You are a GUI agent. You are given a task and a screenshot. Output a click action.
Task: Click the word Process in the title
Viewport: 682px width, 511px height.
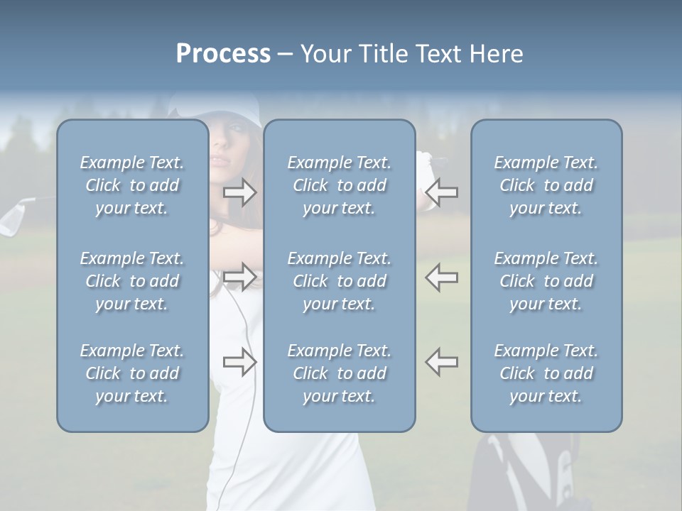tap(223, 54)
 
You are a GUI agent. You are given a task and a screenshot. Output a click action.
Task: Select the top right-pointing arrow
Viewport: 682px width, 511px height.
tap(240, 192)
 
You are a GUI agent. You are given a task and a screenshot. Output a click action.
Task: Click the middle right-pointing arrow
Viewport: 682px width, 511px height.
tap(240, 276)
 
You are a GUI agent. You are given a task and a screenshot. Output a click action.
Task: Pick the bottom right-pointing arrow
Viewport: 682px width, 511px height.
tap(240, 362)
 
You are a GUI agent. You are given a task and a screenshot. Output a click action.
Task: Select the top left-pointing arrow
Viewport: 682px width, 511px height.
tap(442, 192)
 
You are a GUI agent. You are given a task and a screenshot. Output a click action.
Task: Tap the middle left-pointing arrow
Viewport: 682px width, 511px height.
tap(442, 276)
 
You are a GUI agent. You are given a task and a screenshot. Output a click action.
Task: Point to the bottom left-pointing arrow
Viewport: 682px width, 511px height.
tap(442, 362)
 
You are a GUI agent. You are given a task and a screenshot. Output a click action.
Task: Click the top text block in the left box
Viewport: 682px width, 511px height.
tap(132, 185)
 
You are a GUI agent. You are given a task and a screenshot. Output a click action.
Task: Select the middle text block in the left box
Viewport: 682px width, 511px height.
tap(132, 281)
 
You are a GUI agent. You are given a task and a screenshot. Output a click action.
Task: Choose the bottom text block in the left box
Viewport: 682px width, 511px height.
tap(132, 373)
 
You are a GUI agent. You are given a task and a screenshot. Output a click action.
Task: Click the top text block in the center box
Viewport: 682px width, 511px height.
tap(339, 185)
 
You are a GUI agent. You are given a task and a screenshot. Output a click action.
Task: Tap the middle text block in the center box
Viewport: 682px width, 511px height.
tap(339, 281)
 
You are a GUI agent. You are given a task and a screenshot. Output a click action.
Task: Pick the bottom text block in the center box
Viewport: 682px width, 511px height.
tap(339, 373)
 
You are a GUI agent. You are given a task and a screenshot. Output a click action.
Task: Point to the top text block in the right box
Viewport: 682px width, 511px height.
tap(546, 185)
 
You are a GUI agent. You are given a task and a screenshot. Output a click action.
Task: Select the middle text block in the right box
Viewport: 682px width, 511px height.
tap(546, 281)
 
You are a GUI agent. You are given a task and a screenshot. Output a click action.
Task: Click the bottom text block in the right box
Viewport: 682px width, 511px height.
tap(546, 373)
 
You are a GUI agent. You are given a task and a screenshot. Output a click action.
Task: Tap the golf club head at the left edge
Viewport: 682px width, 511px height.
tap(12, 216)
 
